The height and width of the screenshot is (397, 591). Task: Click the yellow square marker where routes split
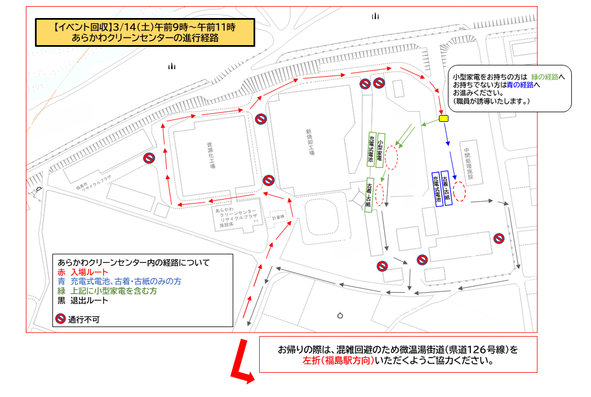click(x=443, y=119)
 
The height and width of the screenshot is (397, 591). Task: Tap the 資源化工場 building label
click(x=211, y=156)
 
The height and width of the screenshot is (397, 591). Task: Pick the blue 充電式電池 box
click(x=437, y=189)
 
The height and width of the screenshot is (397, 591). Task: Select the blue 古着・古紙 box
click(x=447, y=188)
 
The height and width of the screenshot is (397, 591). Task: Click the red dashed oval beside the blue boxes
click(x=460, y=191)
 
